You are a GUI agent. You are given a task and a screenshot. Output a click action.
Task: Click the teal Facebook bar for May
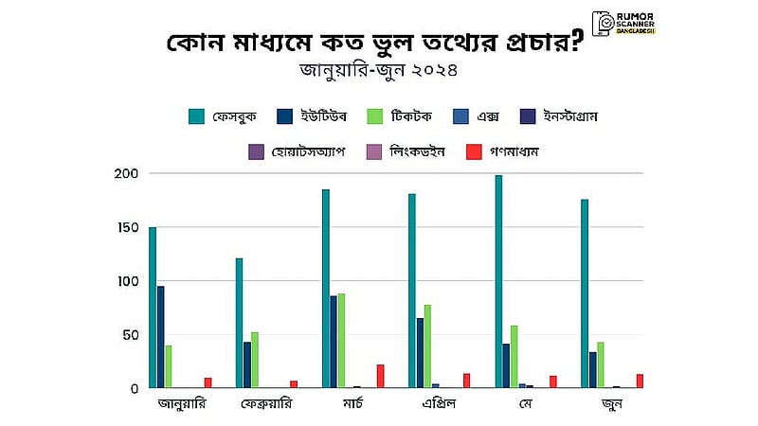pos(498,281)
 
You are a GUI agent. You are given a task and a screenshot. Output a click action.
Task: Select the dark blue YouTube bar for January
pos(160,337)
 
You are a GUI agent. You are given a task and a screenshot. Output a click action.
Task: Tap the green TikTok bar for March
pos(341,341)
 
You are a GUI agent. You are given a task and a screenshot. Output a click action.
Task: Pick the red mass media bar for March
pos(381,376)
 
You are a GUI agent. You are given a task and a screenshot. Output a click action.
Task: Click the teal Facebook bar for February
pos(239,323)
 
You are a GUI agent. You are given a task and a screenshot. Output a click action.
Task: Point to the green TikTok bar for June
pos(601,365)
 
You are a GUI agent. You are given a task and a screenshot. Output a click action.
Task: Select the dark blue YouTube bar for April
pos(420,353)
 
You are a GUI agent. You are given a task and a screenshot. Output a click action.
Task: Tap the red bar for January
pos(208,383)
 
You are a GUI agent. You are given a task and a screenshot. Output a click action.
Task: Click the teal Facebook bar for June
pos(585,293)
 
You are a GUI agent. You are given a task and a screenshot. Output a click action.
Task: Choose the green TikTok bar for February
pos(255,360)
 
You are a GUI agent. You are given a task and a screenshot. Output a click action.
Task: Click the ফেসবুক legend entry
pos(223,116)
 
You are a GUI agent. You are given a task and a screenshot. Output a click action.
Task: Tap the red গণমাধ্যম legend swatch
pos(474,151)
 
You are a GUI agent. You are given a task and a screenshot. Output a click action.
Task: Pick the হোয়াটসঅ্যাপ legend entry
pos(297,151)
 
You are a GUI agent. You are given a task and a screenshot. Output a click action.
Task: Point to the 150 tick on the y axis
pos(128,227)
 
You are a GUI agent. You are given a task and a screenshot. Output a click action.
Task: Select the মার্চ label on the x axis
pos(352,403)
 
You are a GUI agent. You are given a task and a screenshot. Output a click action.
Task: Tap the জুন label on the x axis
pos(612,404)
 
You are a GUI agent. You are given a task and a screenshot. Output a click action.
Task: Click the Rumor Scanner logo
pos(623,24)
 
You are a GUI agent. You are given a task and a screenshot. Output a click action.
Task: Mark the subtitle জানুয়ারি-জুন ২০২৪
pos(378,70)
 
